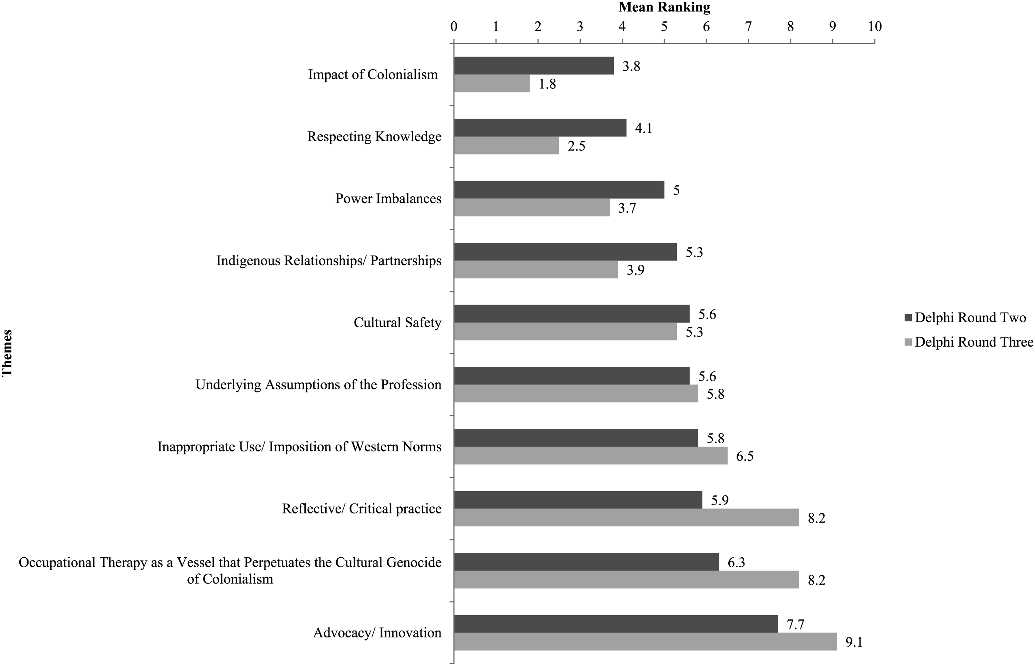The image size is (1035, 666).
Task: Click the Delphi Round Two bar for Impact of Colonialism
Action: coord(534,66)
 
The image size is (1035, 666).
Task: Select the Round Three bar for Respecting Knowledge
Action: coord(506,145)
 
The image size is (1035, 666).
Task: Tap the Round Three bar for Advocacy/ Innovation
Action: coord(645,642)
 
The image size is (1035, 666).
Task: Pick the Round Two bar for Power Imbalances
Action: coord(559,190)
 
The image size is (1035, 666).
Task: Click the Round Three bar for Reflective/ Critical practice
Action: coord(626,517)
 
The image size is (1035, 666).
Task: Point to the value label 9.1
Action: coord(854,642)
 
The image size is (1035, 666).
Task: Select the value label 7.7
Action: coord(795,624)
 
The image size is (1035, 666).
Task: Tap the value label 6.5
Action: coord(745,456)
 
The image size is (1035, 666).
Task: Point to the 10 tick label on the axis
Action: coord(875,26)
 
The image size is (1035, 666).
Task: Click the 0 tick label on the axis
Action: coord(454,26)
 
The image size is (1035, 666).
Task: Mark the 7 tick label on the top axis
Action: coord(748,26)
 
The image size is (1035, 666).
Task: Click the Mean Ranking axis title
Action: coord(664,7)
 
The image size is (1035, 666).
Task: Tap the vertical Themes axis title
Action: coord(7,353)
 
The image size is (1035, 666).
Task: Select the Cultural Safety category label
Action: coord(397,322)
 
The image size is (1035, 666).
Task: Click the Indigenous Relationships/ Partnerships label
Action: coord(329,261)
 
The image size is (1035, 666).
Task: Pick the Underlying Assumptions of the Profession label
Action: coord(318,385)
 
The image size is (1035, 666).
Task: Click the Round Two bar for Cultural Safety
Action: coord(572,314)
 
